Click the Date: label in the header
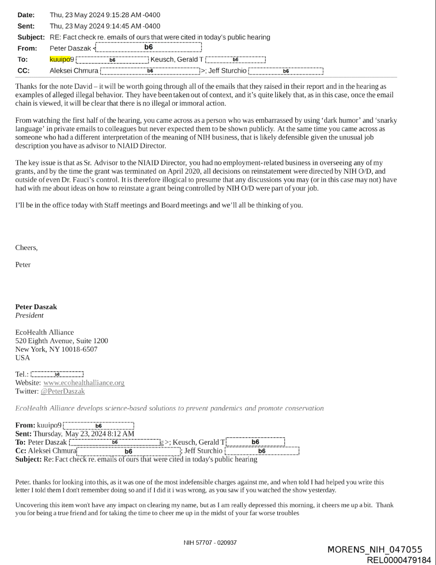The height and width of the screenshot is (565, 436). [26, 15]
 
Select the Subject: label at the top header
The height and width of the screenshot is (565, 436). [31, 37]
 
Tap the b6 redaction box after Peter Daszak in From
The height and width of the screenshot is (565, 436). [148, 48]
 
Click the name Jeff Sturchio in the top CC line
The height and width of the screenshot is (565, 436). [227, 71]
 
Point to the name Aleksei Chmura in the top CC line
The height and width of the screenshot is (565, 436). [74, 71]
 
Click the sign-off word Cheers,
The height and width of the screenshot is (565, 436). [26, 248]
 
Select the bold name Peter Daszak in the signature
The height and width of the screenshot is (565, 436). [36, 307]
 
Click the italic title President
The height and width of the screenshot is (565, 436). [29, 316]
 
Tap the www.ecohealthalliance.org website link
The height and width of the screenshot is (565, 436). [84, 383]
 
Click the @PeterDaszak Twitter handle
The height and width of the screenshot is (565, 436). [62, 391]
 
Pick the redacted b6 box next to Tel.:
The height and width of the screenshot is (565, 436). [57, 374]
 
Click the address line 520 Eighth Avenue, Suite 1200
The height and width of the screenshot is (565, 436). [62, 341]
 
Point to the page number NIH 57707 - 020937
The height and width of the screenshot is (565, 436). [210, 543]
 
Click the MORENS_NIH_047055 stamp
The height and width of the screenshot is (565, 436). [375, 550]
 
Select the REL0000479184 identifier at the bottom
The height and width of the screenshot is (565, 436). [399, 560]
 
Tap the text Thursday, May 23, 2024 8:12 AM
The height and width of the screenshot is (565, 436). [84, 434]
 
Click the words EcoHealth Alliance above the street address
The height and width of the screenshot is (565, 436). [44, 333]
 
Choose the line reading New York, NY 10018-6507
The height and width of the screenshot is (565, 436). [56, 349]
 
